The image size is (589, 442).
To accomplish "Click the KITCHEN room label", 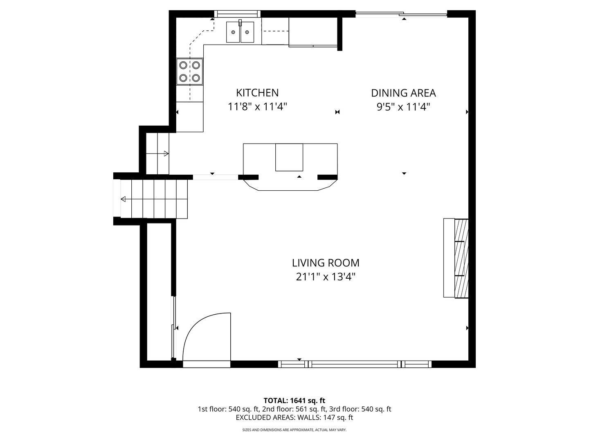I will (x=257, y=93).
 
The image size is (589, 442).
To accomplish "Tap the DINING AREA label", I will (x=403, y=93).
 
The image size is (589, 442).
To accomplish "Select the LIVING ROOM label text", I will (x=326, y=263).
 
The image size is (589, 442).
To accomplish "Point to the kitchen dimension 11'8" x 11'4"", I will (x=257, y=107).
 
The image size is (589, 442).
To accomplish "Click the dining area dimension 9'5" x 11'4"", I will (x=403, y=107).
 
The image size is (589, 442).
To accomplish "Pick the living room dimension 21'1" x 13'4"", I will (x=326, y=277).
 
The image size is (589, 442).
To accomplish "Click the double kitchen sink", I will (x=240, y=32).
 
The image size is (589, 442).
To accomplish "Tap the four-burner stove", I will (x=190, y=72).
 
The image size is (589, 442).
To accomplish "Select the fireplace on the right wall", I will (x=456, y=258).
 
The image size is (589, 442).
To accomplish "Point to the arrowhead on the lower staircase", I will (x=123, y=199).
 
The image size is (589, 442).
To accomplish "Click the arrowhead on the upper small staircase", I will (x=166, y=153).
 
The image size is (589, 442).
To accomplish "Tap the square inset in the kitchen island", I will (x=289, y=157).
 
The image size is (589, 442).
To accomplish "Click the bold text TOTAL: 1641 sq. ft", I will (x=294, y=400).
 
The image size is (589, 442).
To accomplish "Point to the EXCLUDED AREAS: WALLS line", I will (x=294, y=417).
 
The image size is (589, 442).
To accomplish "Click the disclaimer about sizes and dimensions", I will (x=294, y=430).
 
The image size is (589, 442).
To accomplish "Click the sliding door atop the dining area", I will (x=401, y=15).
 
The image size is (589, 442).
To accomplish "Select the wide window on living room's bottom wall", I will (x=355, y=364).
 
